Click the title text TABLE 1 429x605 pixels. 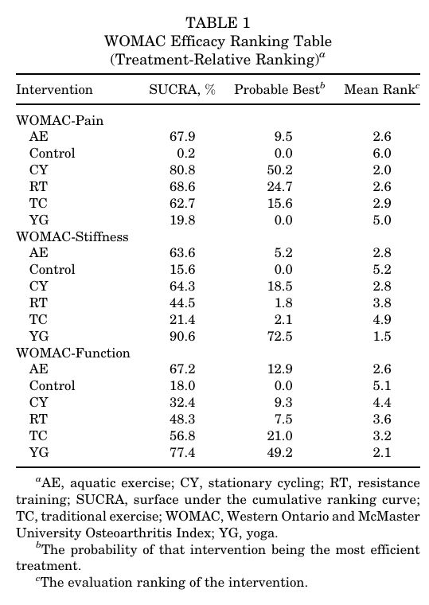(x=218, y=23)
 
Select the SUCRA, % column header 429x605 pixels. (x=182, y=89)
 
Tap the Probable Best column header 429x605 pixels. (x=279, y=89)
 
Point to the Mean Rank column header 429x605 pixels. (x=381, y=89)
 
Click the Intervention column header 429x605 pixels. (x=54, y=89)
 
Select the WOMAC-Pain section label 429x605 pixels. (x=60, y=120)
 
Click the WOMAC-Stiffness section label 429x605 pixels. (x=72, y=236)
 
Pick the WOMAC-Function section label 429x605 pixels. (x=73, y=353)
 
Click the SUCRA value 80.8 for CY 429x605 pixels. (x=182, y=170)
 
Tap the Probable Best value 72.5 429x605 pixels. (x=279, y=337)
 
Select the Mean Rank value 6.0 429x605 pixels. (x=382, y=154)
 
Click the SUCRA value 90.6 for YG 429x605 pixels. (x=182, y=337)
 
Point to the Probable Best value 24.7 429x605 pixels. (x=279, y=187)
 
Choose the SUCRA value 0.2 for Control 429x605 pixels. (x=186, y=154)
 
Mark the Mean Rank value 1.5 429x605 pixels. (x=382, y=337)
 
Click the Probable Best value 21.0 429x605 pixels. (x=279, y=436)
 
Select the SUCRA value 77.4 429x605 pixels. (x=182, y=453)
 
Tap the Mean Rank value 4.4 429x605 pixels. (x=382, y=403)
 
